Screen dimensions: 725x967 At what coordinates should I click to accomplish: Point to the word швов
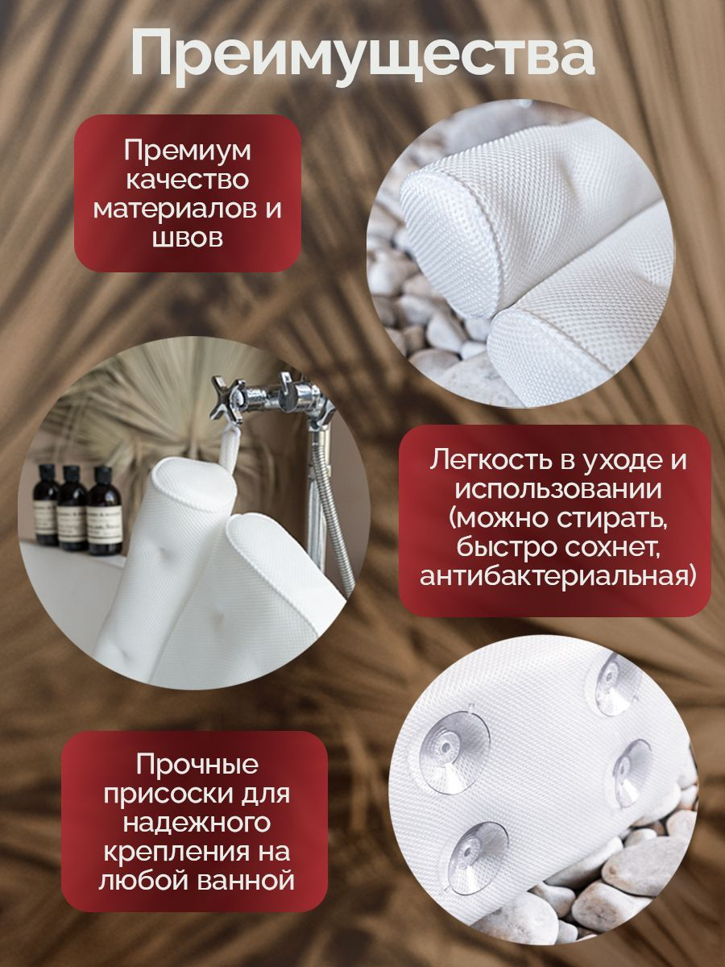click(187, 238)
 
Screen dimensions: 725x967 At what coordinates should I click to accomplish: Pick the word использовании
click(558, 490)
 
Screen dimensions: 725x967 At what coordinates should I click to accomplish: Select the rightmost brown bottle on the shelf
click(105, 510)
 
